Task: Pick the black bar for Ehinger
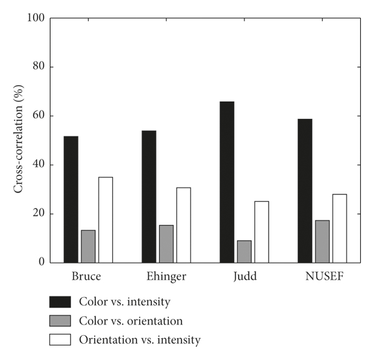[149, 196]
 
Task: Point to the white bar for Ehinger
[183, 225]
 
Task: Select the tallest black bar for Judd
[227, 182]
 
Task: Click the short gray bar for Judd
[244, 251]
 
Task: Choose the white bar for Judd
[261, 232]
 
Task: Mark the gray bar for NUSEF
[322, 241]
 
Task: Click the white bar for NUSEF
[339, 228]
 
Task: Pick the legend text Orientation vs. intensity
[140, 340]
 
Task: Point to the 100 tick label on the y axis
[36, 18]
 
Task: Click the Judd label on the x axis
[244, 275]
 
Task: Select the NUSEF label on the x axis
[322, 275]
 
